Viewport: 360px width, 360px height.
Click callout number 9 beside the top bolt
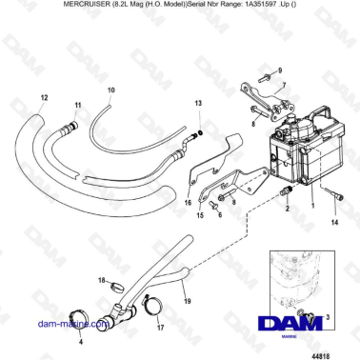pyautogui.click(x=280, y=70)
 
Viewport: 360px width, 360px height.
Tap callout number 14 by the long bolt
pyautogui.click(x=333, y=221)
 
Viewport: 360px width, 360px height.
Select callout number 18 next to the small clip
pyautogui.click(x=102, y=280)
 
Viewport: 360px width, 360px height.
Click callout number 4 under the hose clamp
pyautogui.click(x=80, y=341)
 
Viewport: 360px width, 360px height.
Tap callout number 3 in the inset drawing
pyautogui.click(x=329, y=315)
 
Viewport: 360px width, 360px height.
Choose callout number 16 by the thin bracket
pyautogui.click(x=187, y=203)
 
